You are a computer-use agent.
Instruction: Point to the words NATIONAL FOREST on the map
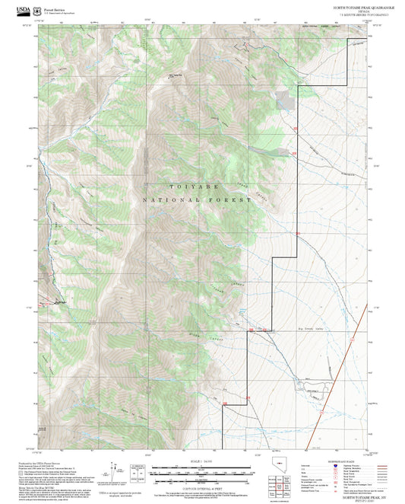click(x=196, y=199)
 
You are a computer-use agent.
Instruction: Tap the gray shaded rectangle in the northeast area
click(x=283, y=100)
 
